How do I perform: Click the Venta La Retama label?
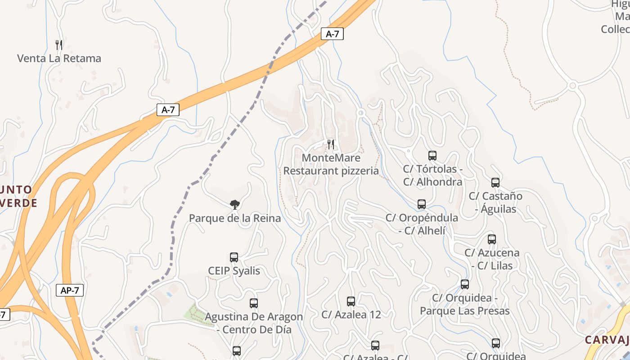(59, 58)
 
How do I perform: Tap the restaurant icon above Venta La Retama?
(59, 45)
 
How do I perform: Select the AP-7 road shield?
(70, 290)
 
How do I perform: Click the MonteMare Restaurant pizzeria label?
(331, 164)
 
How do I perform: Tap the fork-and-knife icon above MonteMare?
(331, 144)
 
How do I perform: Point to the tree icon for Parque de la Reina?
(234, 205)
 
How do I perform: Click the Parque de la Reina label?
(234, 218)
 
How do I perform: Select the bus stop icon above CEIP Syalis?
(234, 257)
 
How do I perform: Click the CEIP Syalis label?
(234, 271)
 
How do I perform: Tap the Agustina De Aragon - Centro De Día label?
(254, 323)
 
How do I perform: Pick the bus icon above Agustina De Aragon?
(254, 303)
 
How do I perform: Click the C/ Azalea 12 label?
(351, 315)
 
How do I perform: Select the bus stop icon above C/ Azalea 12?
(351, 301)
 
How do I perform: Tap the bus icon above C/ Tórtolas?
(432, 156)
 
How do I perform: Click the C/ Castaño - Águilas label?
(495, 202)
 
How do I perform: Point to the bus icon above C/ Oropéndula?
(422, 204)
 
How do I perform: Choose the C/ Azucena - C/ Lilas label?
(492, 259)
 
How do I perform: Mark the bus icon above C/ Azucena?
(492, 239)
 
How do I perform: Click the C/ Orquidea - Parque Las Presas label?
(464, 304)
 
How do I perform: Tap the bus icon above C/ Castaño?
(495, 183)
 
